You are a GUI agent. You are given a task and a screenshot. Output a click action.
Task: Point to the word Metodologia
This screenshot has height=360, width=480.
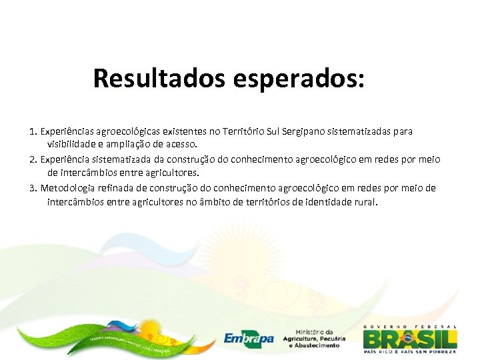(69, 189)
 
